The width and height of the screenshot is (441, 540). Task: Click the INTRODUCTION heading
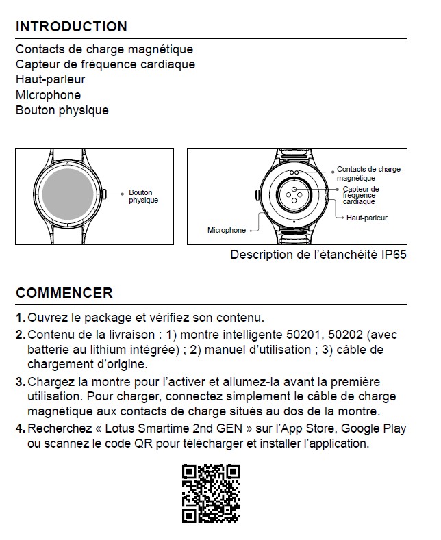(71, 27)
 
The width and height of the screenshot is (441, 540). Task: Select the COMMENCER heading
(64, 293)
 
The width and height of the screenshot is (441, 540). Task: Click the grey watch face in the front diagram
(68, 196)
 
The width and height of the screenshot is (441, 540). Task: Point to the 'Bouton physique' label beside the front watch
(143, 196)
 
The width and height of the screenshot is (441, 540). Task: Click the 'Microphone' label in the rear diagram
(226, 231)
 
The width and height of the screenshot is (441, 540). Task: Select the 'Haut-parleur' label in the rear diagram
(367, 218)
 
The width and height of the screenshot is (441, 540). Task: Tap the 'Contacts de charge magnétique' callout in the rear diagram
(368, 173)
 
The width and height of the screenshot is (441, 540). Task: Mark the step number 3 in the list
(20, 382)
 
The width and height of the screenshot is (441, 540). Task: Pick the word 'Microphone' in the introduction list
(48, 95)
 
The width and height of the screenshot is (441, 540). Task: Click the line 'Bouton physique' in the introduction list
(62, 110)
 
